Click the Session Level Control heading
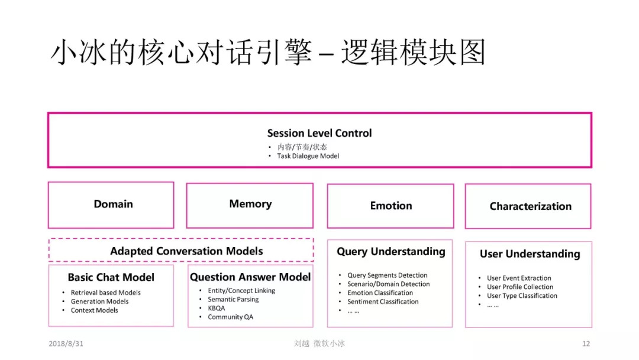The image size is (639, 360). coord(319,133)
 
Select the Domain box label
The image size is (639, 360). coord(113,204)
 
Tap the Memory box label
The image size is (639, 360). coord(250,204)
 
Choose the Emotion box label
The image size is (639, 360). coord(391,206)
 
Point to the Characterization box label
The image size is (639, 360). coord(530,207)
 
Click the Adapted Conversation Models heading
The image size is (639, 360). coord(186,251)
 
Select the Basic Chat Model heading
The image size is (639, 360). coord(111,278)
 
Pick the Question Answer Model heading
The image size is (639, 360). coord(250,277)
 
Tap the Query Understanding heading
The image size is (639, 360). coord(391,252)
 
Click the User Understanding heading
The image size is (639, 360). coord(530,254)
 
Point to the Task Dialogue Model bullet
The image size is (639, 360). coord(308,156)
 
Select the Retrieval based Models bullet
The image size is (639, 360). coord(105,292)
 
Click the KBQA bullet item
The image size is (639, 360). coord(216,308)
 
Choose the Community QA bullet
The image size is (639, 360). coord(230,317)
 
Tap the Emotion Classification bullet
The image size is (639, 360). coord(380,292)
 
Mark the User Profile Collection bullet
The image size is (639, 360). coord(520,287)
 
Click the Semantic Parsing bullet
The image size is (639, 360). coord(233,300)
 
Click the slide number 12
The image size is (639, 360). coord(586,343)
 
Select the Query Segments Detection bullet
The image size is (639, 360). coord(387,275)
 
